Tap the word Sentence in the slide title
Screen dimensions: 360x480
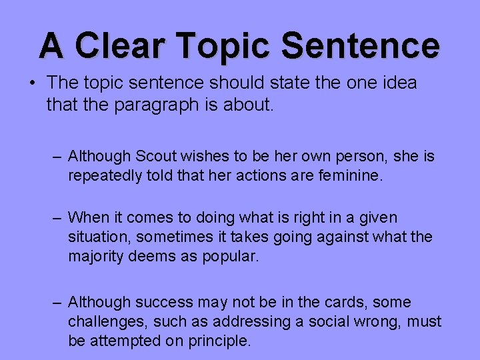360,45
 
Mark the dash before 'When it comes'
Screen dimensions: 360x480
58,217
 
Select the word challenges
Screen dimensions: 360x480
107,322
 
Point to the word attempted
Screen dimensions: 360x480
121,341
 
